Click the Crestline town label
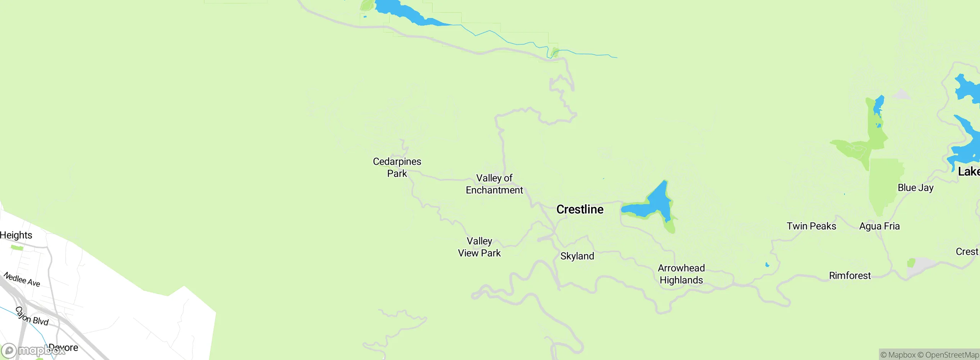click(x=580, y=209)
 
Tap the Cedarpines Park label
click(x=397, y=167)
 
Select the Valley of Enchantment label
click(x=494, y=184)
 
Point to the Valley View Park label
click(x=479, y=247)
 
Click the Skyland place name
click(x=577, y=256)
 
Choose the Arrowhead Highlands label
click(x=681, y=274)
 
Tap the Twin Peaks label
click(x=811, y=226)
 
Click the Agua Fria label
click(x=879, y=226)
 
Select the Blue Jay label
click(x=915, y=188)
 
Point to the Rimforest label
click(x=849, y=276)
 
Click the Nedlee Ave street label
click(x=22, y=279)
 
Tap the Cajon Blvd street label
click(x=32, y=316)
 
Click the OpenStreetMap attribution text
click(x=952, y=355)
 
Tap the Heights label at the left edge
click(x=16, y=235)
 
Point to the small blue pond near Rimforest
click(x=767, y=265)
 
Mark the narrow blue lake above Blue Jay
click(x=878, y=105)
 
